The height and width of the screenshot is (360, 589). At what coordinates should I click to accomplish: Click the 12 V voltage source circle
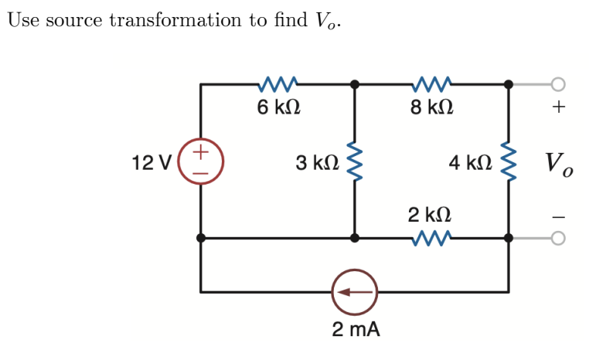201,163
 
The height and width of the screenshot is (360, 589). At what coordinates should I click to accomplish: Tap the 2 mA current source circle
354,292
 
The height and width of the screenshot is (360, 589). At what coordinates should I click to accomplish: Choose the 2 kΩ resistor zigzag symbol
431,239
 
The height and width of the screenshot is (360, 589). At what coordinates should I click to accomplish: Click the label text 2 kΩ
430,214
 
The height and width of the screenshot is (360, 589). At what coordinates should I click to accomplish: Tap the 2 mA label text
356,330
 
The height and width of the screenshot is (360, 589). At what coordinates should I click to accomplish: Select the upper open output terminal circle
559,83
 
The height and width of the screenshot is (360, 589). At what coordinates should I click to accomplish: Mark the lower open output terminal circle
559,239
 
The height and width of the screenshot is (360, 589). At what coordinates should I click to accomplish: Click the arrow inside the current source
353,292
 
